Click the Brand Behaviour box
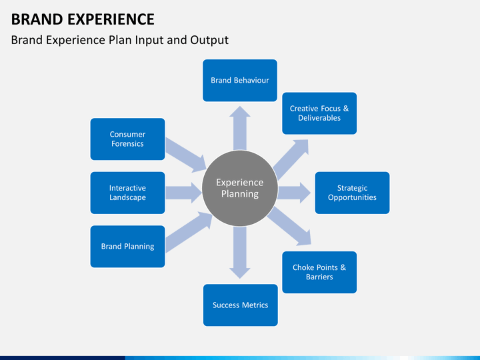(240, 80)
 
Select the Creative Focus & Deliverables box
(319, 113)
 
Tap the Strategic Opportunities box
(352, 193)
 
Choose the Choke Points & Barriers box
(319, 272)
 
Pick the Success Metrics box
(240, 305)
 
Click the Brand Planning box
(127, 246)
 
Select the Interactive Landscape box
(127, 193)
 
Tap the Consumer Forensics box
(127, 139)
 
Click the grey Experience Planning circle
(240, 188)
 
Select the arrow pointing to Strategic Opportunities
(294, 193)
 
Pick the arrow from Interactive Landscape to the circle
(183, 193)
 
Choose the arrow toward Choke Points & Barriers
(291, 226)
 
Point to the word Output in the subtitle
(210, 40)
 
